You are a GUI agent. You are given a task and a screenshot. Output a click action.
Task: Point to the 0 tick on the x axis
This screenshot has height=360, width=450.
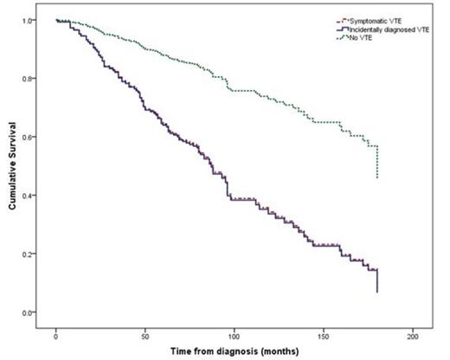55,334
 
